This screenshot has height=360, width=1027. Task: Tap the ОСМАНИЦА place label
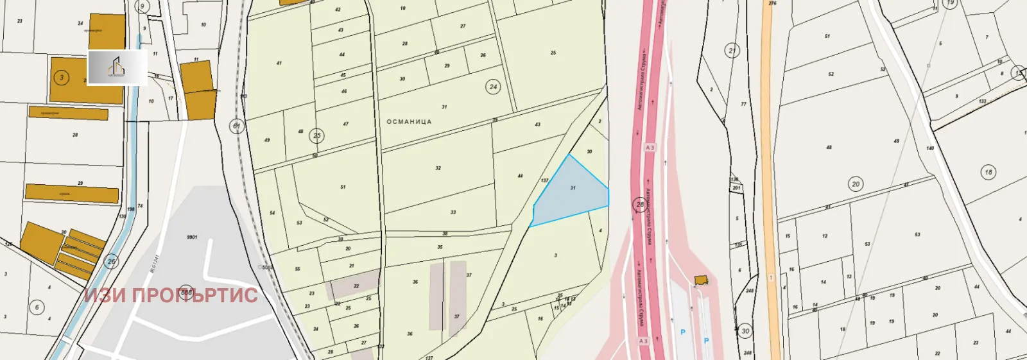(409, 121)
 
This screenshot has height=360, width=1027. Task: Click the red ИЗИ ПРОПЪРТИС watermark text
(171, 295)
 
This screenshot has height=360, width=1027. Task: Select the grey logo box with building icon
(117, 67)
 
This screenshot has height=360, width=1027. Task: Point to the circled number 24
(493, 87)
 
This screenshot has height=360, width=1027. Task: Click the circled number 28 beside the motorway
(639, 204)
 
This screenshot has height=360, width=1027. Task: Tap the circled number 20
(856, 184)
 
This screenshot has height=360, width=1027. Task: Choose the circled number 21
(732, 50)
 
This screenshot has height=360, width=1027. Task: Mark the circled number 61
(236, 126)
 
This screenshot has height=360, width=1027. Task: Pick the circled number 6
(37, 307)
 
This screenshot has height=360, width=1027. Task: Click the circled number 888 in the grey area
(186, 292)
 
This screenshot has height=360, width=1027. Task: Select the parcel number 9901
(192, 237)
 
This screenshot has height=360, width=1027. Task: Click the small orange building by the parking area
(700, 280)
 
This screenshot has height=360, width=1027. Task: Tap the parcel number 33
(453, 212)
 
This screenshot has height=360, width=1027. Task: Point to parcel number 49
(267, 140)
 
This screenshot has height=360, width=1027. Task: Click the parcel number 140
(929, 148)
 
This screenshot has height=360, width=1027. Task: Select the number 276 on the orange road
(772, 4)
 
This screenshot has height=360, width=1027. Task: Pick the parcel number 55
(297, 269)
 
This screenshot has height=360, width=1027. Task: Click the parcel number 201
(736, 188)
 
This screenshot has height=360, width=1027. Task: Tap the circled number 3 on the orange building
(62, 78)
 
